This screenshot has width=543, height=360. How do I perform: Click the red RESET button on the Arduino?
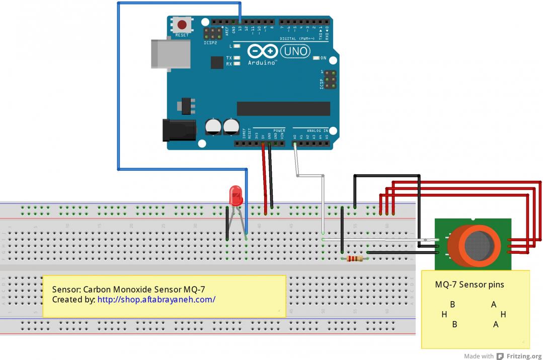point(182,24)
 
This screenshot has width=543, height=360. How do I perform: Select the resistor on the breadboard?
point(355,259)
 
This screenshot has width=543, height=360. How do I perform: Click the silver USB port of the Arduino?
point(171,53)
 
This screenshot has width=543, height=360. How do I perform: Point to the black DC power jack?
point(178,130)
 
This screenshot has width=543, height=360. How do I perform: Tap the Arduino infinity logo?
point(262,51)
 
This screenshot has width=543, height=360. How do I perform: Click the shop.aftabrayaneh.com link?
point(157,300)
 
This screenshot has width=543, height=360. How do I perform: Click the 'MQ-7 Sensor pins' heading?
point(469,284)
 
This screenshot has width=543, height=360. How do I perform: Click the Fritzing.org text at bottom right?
point(524,356)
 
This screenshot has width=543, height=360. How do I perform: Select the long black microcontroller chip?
point(283,108)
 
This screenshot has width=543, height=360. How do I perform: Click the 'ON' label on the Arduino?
point(323,58)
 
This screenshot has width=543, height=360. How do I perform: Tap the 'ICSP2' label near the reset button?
point(210,43)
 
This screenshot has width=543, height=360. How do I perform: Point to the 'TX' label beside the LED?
point(228,58)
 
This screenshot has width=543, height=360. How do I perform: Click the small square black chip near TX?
point(217,62)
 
